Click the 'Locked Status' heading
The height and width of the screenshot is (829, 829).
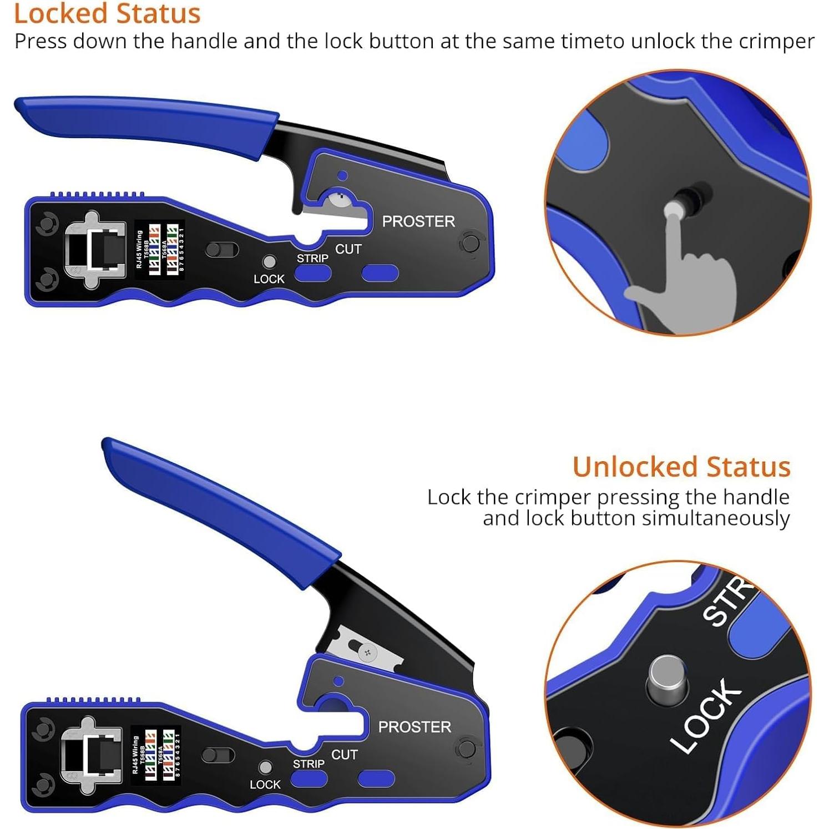(x=107, y=13)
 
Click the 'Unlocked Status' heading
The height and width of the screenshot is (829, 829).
(x=681, y=467)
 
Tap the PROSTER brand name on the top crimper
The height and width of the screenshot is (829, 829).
(x=418, y=221)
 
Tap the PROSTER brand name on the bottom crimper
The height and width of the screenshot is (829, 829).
(x=414, y=727)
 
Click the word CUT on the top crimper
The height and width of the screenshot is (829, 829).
(x=348, y=250)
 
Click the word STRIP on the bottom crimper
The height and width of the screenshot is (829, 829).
(x=309, y=764)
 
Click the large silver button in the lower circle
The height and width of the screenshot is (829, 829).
(x=668, y=677)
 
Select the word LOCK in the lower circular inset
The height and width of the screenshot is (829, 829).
(x=706, y=716)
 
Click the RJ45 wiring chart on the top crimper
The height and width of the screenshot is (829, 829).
(x=159, y=250)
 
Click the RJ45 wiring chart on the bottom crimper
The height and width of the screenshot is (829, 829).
(x=155, y=755)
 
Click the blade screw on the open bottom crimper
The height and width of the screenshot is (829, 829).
(x=367, y=653)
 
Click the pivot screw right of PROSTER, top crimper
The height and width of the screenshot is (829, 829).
(x=471, y=243)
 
